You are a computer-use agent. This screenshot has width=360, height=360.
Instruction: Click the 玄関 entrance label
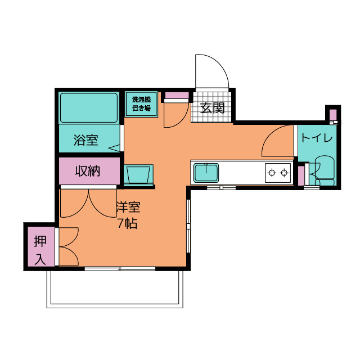pyautogui.click(x=212, y=108)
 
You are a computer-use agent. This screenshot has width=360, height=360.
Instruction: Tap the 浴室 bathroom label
pyautogui.click(x=86, y=140)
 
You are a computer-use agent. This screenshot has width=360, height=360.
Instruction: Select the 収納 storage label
pyautogui.click(x=88, y=171)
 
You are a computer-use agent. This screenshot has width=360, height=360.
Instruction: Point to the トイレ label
pyautogui.click(x=317, y=138)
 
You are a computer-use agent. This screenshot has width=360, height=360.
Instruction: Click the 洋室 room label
pyautogui.click(x=128, y=207)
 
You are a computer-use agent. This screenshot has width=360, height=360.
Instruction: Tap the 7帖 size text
pyautogui.click(x=128, y=223)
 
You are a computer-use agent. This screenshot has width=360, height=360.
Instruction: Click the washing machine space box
pyautogui.click(x=141, y=104)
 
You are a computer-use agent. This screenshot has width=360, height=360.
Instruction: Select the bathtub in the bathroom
pyautogui.click(x=89, y=107)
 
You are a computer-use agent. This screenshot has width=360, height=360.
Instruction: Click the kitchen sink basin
pyautogui.click(x=206, y=173)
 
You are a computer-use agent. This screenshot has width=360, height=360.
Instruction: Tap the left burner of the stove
pyautogui.click(x=272, y=173)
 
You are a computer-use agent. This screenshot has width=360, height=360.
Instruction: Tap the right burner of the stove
pyautogui.click(x=284, y=173)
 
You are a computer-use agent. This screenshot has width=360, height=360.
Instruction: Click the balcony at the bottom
pyautogui.click(x=115, y=289)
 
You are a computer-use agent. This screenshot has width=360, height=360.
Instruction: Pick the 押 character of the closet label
pyautogui.click(x=40, y=241)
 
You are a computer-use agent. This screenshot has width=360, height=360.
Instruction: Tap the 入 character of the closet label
pyautogui.click(x=40, y=259)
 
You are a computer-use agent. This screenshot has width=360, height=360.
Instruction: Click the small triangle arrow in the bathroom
pyautogui.click(x=114, y=148)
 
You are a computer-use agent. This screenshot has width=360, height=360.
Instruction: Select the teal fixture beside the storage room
pyautogui.click(x=138, y=174)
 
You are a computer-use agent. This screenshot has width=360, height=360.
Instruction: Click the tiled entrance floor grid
pyautogui.click(x=211, y=107)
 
